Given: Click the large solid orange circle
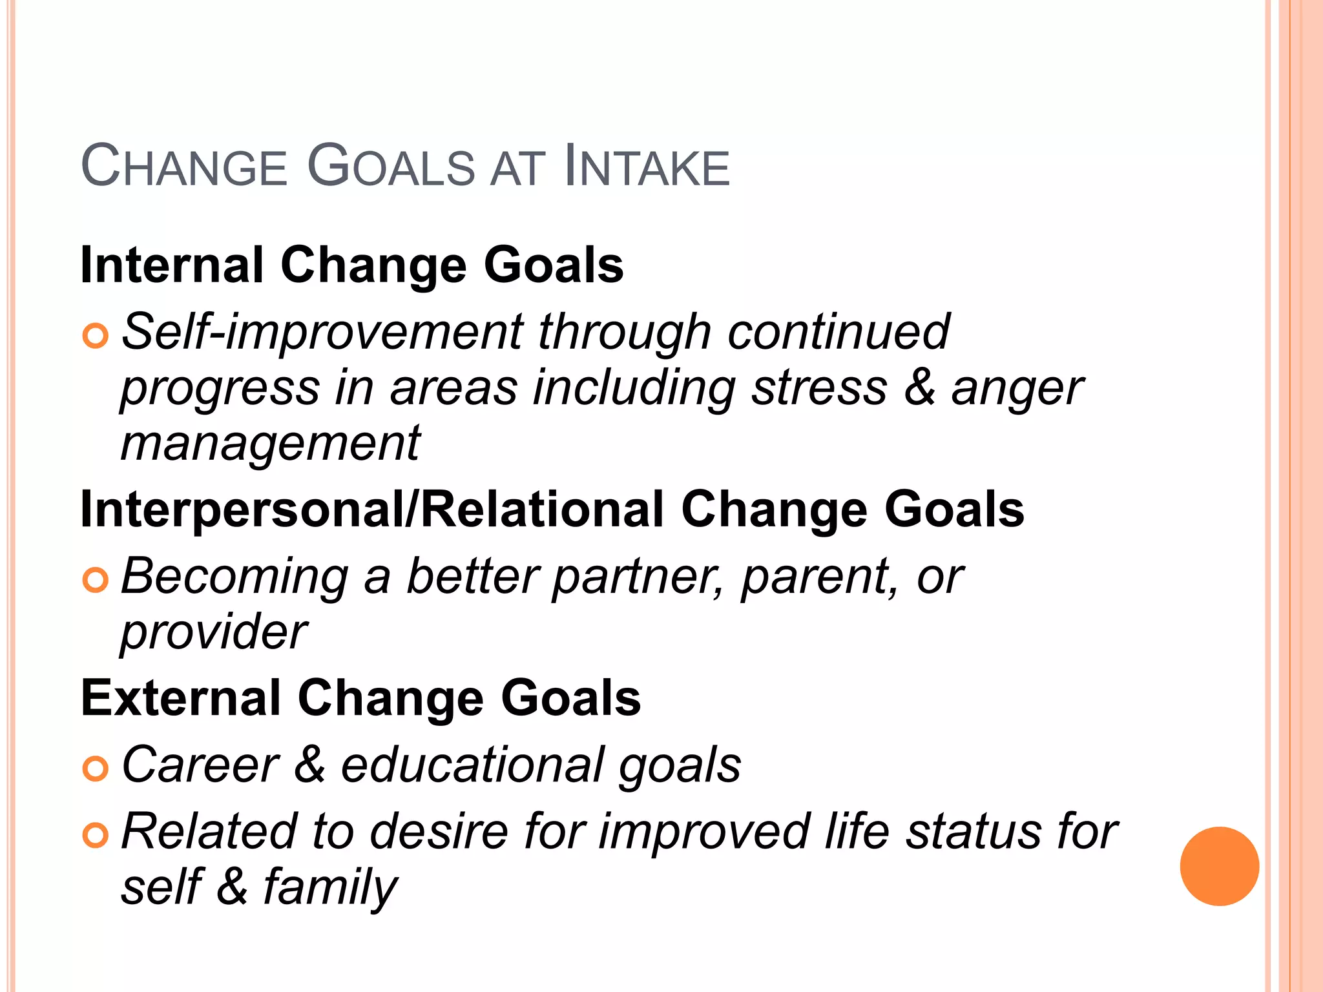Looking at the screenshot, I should click(1219, 866).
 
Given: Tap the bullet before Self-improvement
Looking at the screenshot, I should click(95, 336).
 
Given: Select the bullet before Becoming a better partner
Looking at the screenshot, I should click(95, 580).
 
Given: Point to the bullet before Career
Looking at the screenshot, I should click(95, 769).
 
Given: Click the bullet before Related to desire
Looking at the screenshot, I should click(95, 835).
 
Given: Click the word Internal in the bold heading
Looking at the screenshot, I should click(172, 265).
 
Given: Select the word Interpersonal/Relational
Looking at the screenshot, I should click(372, 510).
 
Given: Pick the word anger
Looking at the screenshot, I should click(1017, 389).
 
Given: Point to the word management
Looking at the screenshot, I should click(271, 445).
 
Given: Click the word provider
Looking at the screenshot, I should click(214, 632).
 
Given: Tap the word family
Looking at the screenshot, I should click(329, 888).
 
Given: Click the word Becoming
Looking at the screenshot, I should click(234, 577).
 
